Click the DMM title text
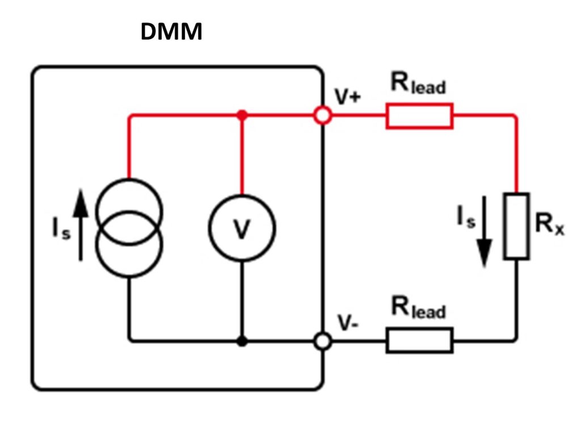171,31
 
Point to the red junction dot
242,115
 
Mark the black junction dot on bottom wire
242,341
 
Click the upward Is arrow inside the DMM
81,225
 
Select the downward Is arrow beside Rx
484,231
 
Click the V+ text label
347,97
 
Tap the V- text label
348,323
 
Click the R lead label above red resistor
418,83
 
